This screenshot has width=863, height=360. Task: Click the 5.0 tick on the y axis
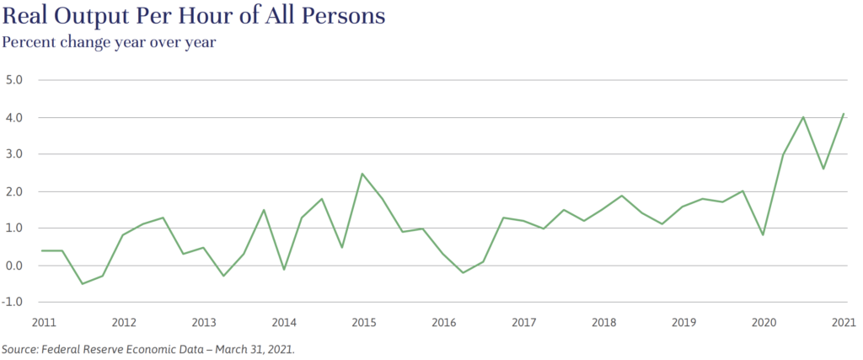coord(19,80)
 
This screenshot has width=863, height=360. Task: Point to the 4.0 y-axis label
coord(19,117)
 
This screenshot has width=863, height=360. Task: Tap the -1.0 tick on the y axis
coord(18,302)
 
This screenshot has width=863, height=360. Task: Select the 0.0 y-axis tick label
coord(19,265)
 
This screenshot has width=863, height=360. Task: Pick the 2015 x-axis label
coord(363,323)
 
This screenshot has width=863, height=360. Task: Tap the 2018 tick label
coord(603,323)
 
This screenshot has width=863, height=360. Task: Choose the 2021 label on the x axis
coord(844,323)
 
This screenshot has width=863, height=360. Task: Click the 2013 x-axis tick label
coord(203,323)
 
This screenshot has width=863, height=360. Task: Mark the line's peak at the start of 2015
coord(362,174)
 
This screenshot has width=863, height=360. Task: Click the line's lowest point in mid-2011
coord(83,283)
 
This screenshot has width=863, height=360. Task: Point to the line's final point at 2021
coord(844,114)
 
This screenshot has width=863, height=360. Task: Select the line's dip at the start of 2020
coord(764,234)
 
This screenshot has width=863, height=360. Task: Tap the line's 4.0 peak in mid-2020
coord(804,117)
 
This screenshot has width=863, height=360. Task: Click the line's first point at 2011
coord(42,250)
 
